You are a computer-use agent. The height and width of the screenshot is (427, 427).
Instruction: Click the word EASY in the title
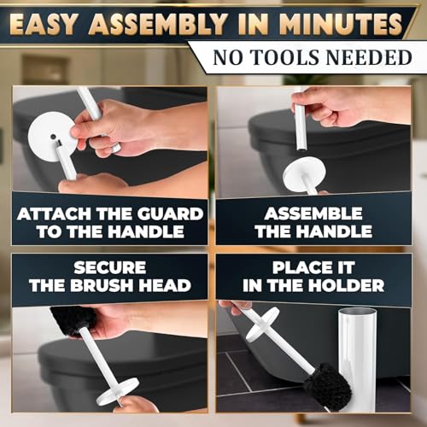[44, 24]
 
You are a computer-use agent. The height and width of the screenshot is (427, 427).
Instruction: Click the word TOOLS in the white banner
[285, 57]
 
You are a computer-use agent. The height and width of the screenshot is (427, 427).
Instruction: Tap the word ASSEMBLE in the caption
[313, 213]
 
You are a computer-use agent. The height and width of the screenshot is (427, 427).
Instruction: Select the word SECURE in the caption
[110, 267]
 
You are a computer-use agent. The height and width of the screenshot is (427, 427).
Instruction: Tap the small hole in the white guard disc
[53, 137]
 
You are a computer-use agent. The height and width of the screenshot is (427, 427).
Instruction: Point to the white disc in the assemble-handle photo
[305, 173]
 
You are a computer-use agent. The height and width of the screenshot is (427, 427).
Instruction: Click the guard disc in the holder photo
[261, 324]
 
